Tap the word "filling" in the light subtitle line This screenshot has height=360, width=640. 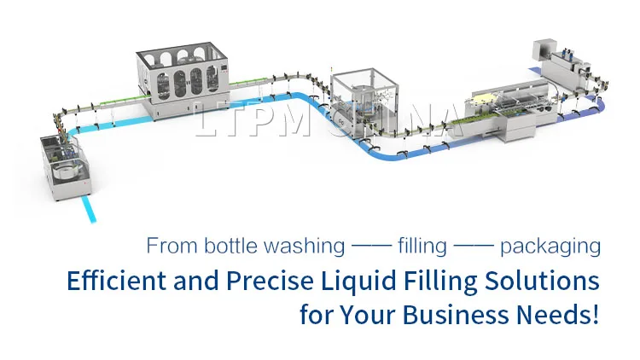(x=422, y=247)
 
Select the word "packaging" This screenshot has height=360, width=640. (x=550, y=248)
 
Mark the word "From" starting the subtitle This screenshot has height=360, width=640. (x=172, y=247)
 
